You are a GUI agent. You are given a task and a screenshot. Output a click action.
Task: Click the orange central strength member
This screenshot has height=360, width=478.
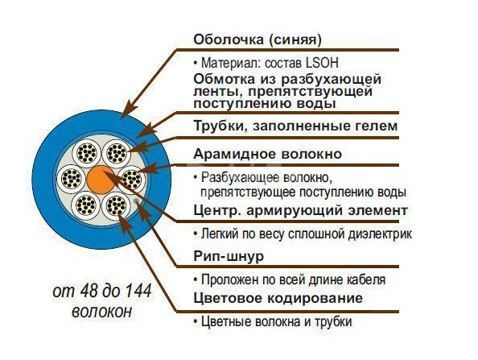pyautogui.click(x=101, y=180)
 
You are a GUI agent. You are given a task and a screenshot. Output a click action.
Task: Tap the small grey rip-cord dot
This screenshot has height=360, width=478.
pyautogui.click(x=136, y=201)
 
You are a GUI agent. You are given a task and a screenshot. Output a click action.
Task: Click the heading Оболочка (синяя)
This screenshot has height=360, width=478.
pyautogui.click(x=258, y=39)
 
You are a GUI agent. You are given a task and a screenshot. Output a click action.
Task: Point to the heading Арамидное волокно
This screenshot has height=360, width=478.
pyautogui.click(x=267, y=154)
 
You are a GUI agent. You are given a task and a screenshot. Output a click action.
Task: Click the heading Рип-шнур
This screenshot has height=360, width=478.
pyautogui.click(x=229, y=256)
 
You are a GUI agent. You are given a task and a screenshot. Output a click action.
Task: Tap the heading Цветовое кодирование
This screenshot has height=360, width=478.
pyautogui.click(x=278, y=298)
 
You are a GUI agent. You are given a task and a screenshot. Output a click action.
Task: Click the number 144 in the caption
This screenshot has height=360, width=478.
pyautogui.click(x=138, y=291)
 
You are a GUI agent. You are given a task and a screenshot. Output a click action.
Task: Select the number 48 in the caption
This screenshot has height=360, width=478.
pyautogui.click(x=87, y=291)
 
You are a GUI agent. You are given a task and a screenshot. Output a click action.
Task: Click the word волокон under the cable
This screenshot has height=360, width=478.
pyautogui.click(x=102, y=312)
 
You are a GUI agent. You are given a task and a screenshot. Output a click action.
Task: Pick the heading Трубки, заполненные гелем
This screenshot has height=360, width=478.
pyautogui.click(x=295, y=126)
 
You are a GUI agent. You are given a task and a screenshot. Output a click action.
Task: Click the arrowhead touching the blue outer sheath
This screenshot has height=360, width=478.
pyautogui.click(x=127, y=110)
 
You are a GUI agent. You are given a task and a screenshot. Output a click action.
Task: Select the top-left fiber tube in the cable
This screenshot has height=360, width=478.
pyautogui.click(x=86, y=152)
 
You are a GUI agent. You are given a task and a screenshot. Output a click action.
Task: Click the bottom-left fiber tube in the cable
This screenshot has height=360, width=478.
pyautogui.click(x=85, y=205)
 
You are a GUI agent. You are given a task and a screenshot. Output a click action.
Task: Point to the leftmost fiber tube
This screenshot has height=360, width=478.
pyautogui.click(x=72, y=178)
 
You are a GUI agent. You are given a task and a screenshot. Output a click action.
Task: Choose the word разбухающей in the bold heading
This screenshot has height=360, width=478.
pyautogui.click(x=331, y=80)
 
